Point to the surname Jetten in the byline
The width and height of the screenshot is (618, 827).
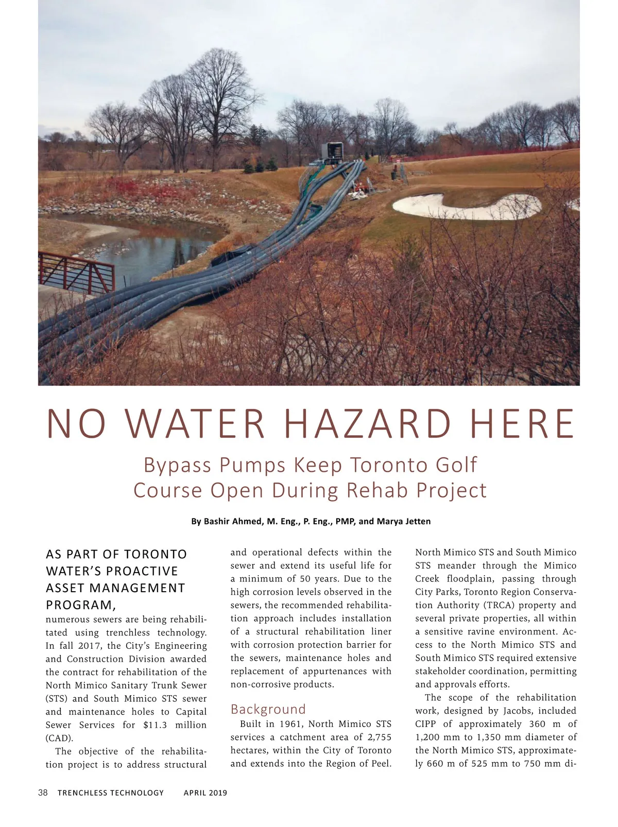pyautogui.click(x=415, y=521)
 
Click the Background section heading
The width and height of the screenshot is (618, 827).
pyautogui.click(x=268, y=709)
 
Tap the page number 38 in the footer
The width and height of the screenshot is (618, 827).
pyautogui.click(x=43, y=792)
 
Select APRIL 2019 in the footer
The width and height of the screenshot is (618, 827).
pyautogui.click(x=205, y=793)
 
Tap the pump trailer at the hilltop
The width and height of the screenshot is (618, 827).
pyautogui.click(x=332, y=152)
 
